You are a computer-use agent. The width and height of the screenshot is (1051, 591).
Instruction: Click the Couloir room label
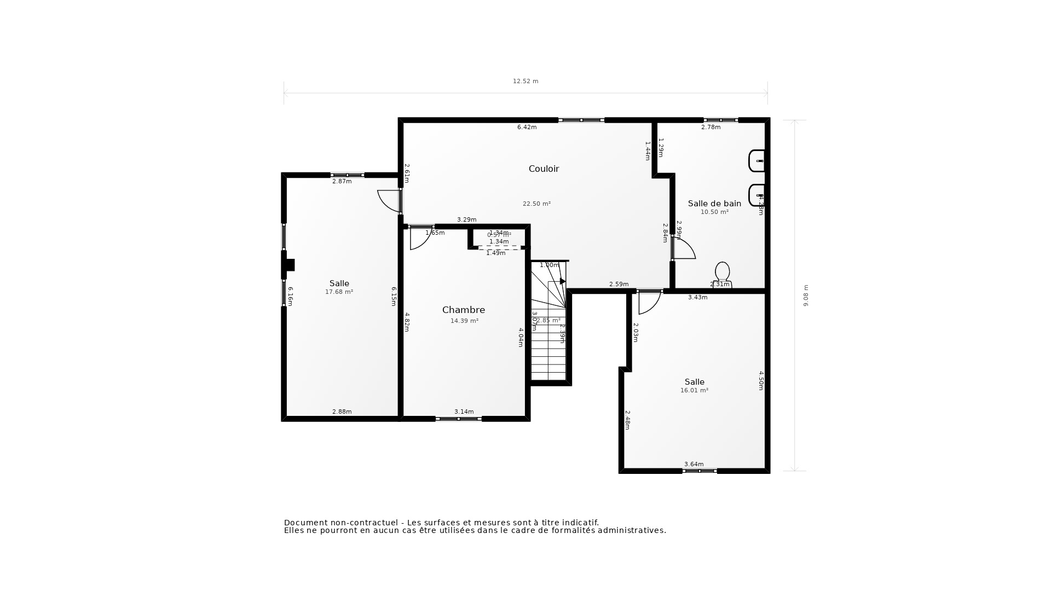coord(544,169)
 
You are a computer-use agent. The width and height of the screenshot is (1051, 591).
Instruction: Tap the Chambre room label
coord(463,310)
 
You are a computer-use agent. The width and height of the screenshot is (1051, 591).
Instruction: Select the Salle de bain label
coord(714,204)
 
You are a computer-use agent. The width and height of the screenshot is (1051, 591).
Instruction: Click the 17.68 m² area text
coord(339,292)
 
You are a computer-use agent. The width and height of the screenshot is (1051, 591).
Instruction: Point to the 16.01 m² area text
coord(694,391)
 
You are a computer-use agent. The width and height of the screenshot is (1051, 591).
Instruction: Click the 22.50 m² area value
coord(536,204)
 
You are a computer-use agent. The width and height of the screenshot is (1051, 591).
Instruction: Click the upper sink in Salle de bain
coord(757,161)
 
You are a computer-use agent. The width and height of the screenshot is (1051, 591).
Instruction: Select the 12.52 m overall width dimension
coord(525,81)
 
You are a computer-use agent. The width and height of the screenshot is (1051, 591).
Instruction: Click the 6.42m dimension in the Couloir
coord(527,128)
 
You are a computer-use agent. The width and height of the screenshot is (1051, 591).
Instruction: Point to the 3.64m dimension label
coord(694,464)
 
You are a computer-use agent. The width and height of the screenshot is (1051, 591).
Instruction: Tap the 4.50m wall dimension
coord(761,380)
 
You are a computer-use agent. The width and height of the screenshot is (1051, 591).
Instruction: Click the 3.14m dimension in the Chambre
coord(464,412)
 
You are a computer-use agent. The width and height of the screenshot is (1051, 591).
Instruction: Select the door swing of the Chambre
coord(420,238)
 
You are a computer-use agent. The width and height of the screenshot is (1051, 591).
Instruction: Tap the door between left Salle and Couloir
coord(390,201)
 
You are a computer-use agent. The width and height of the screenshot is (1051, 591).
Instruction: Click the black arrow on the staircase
coord(562,281)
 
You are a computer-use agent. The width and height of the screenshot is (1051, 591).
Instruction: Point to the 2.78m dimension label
coord(711,128)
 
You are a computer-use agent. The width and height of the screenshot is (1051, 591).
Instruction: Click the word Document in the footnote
coord(303,523)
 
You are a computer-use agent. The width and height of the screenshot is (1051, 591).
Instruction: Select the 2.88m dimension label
coord(342,412)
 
